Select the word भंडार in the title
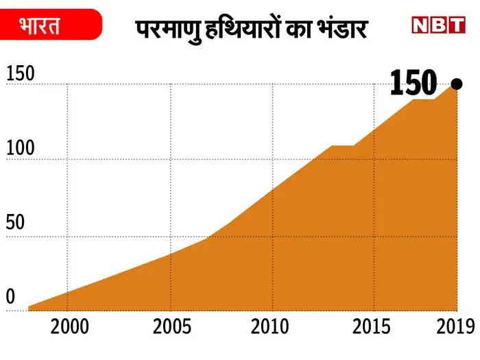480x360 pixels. point(343,29)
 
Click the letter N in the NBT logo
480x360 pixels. point(421,25)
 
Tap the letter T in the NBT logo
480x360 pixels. point(455,25)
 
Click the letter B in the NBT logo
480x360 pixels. point(438,25)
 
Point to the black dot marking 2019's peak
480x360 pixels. point(457,84)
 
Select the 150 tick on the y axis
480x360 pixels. point(21,74)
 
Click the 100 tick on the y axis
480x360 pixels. point(21,148)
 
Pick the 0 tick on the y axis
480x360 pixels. point(10,297)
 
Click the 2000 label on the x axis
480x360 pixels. point(69,326)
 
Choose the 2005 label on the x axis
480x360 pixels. point(172,326)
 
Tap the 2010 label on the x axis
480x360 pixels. point(269,326)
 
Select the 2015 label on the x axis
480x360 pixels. point(371,326)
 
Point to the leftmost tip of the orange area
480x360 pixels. point(29,308)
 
